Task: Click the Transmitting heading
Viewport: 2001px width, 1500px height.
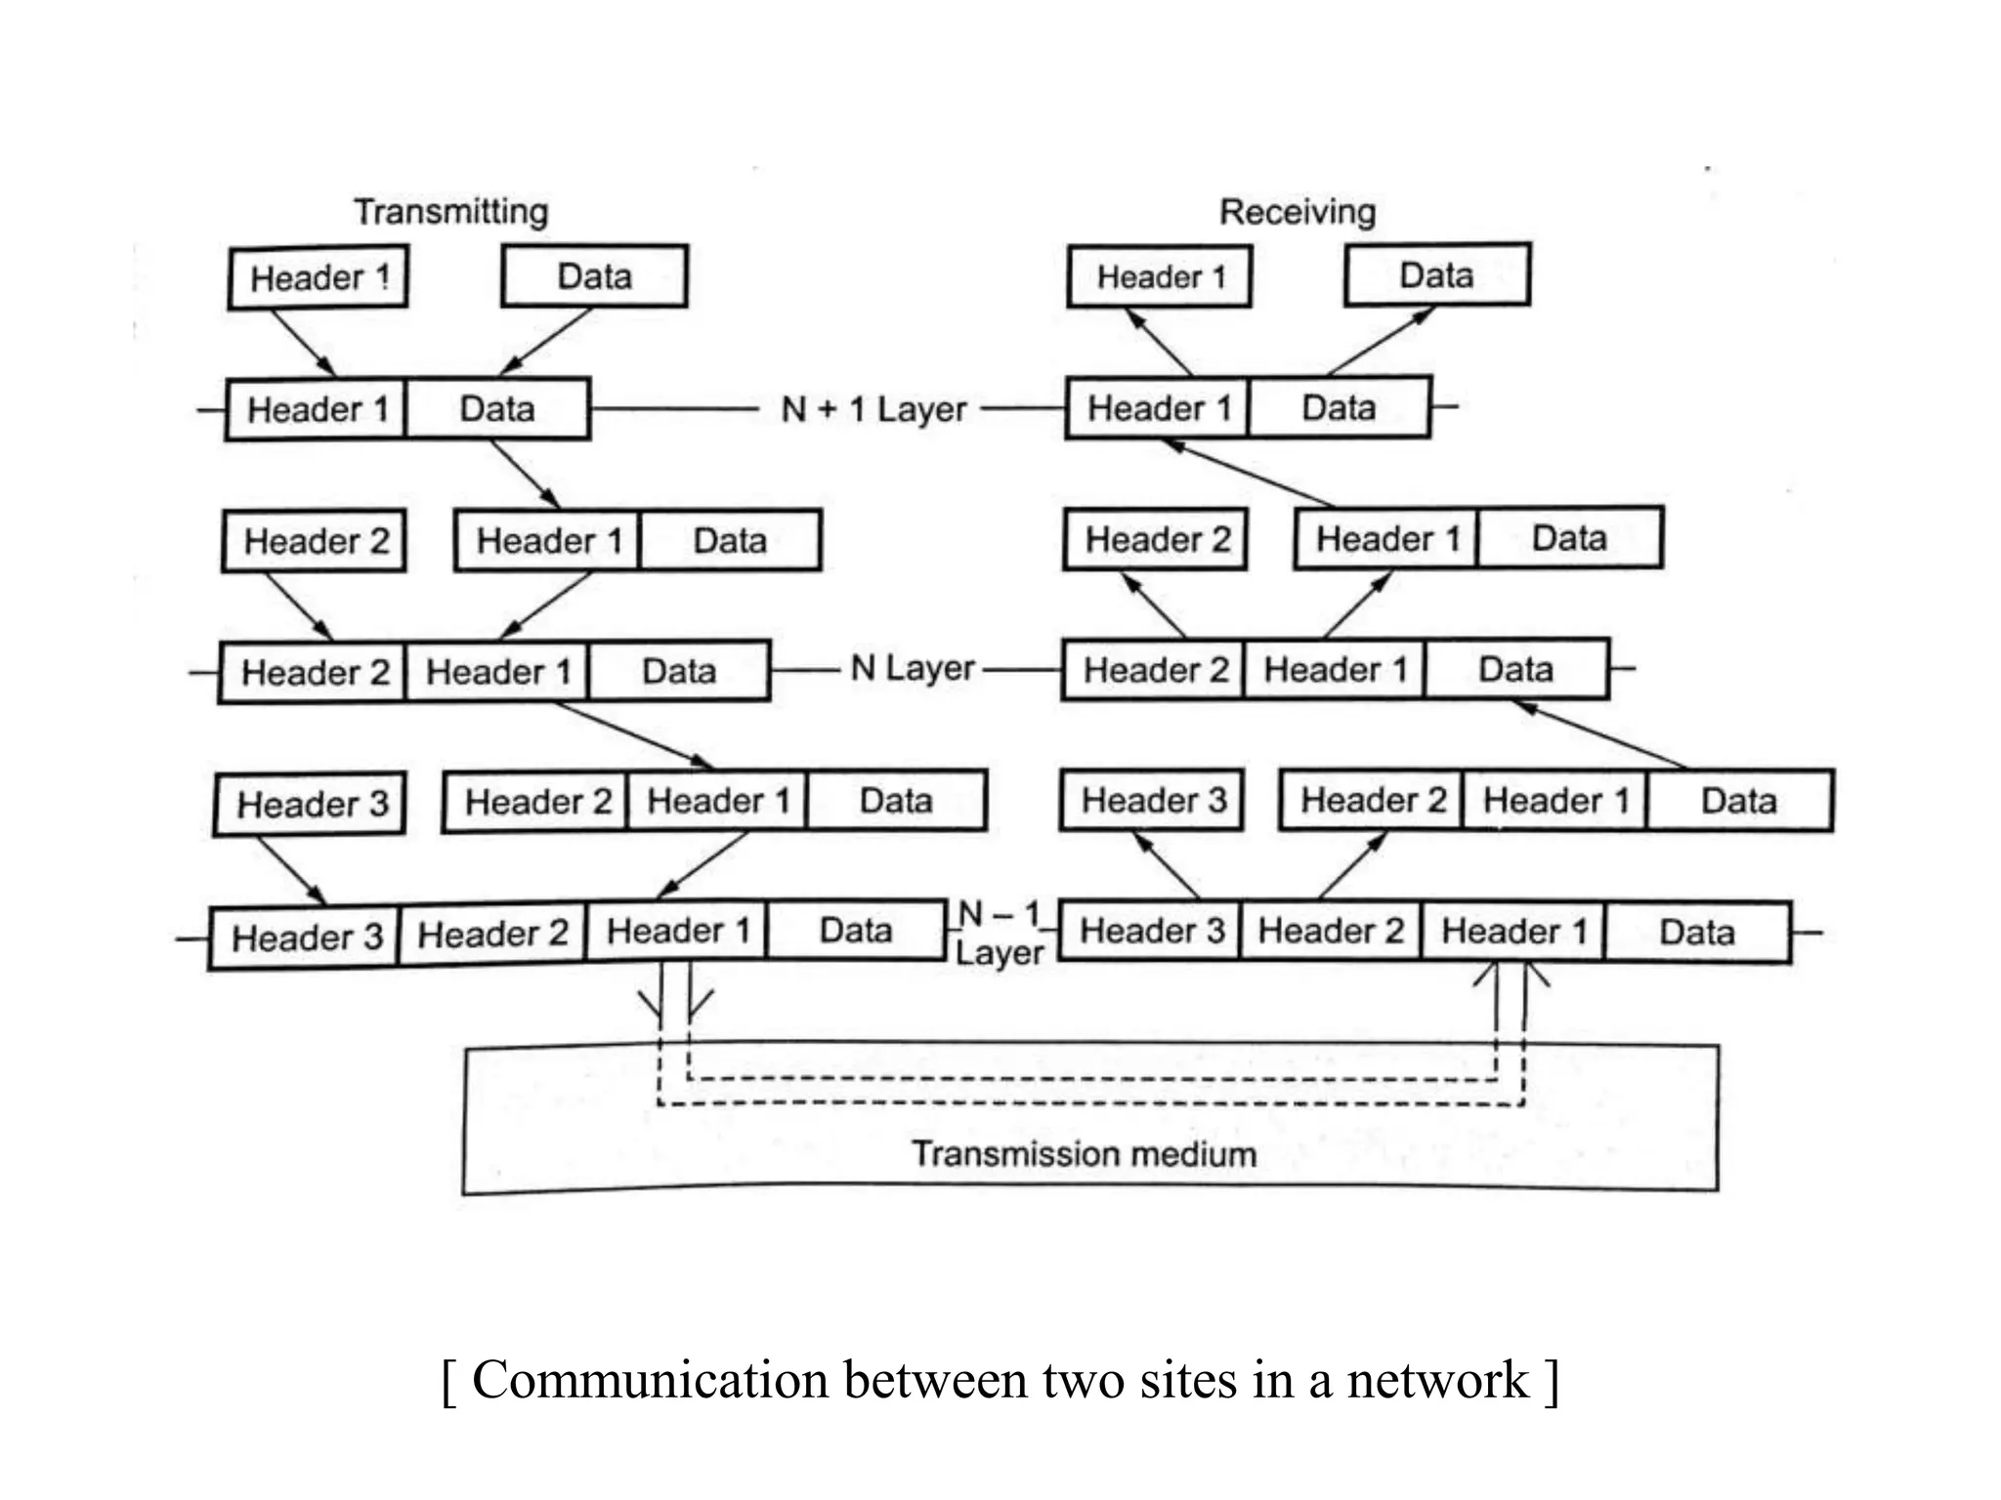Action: click(450, 211)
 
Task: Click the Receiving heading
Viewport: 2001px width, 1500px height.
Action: click(1297, 211)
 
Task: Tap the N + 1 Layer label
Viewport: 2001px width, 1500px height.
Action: click(873, 409)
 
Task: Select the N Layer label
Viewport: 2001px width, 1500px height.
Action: click(912, 669)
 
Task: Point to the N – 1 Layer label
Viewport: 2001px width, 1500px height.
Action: click(999, 934)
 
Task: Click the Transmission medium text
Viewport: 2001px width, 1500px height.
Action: click(1084, 1153)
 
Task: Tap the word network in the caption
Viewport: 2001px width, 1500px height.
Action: click(1436, 1380)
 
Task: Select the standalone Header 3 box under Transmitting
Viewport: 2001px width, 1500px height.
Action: click(311, 804)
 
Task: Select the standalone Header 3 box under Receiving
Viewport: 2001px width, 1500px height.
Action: click(1152, 800)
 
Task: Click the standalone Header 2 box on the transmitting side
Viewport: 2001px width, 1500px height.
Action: click(315, 540)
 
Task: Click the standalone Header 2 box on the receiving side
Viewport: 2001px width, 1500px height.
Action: click(1156, 538)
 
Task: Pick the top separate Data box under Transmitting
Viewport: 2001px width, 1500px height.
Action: click(594, 275)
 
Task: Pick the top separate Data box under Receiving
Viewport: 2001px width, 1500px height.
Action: click(1436, 274)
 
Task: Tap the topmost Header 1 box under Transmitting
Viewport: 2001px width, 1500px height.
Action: click(319, 277)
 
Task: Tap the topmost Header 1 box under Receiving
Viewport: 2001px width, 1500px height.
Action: click(1160, 276)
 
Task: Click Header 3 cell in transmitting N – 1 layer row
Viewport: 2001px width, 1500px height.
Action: click(305, 937)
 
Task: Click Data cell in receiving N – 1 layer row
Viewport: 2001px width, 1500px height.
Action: click(1697, 932)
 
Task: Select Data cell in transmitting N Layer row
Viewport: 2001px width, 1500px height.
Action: click(678, 671)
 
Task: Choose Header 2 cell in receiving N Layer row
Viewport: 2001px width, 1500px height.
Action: click(1154, 670)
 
